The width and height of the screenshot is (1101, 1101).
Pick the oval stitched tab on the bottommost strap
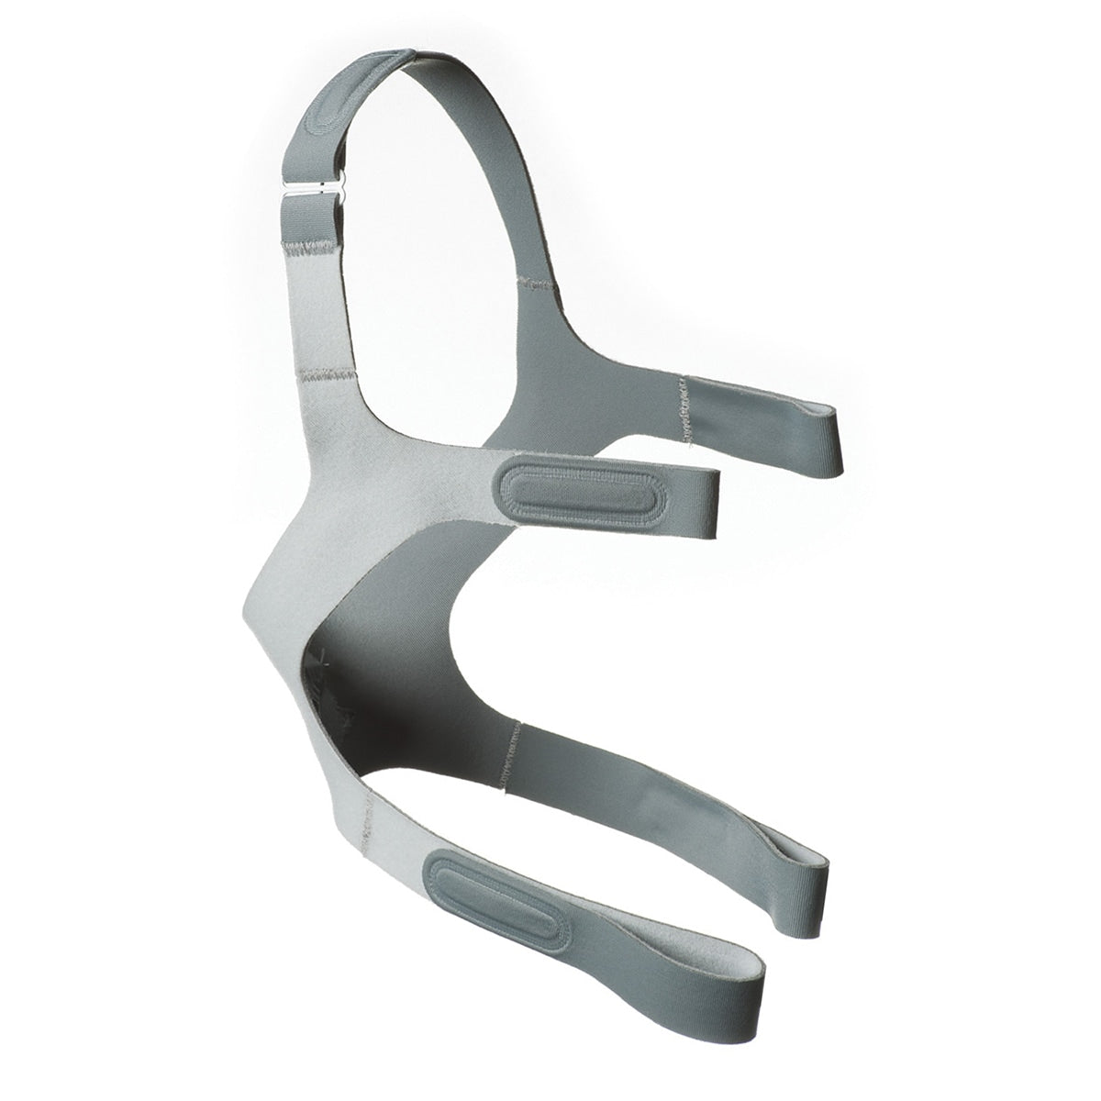coord(496,905)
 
